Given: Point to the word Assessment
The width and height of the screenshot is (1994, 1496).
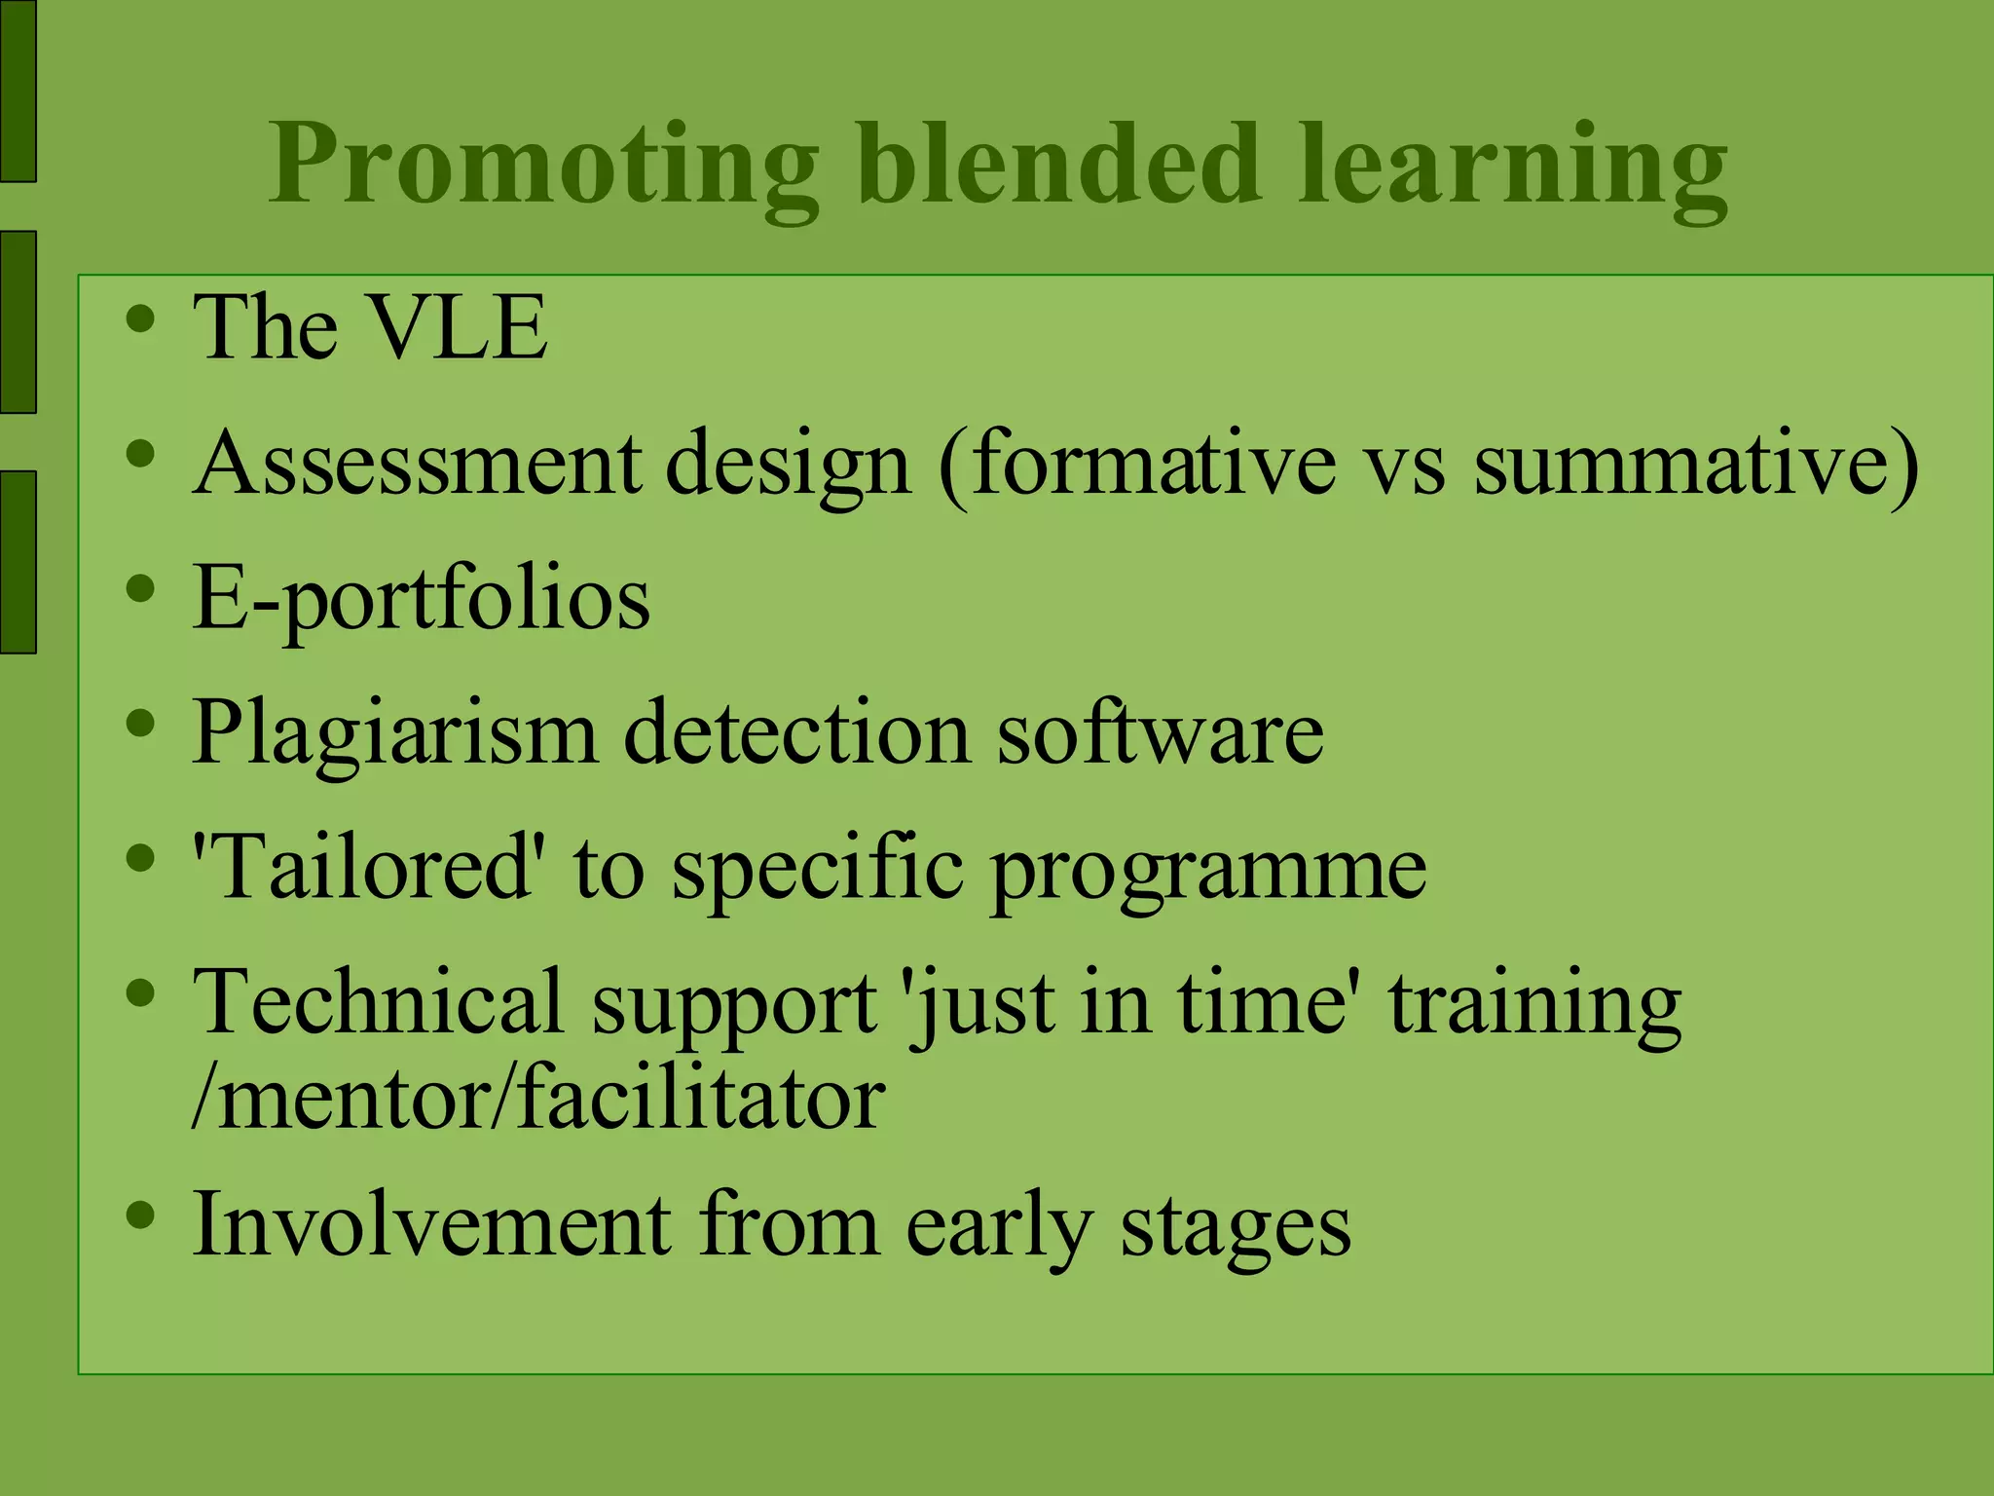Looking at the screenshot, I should (418, 463).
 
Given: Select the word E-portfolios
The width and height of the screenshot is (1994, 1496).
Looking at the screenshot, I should (421, 599).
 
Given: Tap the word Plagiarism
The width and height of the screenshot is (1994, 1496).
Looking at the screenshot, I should (394, 732).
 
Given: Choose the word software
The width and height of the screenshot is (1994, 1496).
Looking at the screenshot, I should (1160, 732).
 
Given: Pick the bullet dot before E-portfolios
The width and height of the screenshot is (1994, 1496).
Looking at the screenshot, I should (141, 587).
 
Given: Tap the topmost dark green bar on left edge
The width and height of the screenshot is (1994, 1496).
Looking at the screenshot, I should (18, 91).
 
